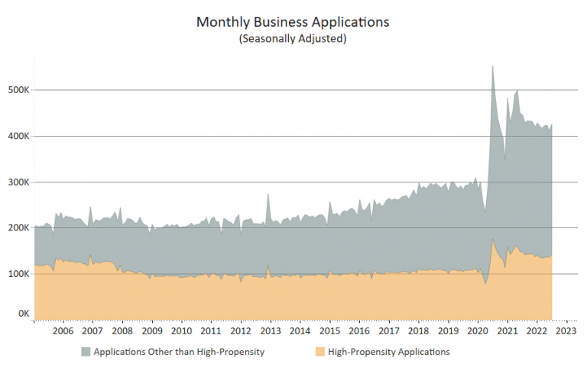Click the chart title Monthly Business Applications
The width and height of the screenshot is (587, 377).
click(x=293, y=22)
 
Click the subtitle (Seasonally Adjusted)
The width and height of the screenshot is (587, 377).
click(x=293, y=38)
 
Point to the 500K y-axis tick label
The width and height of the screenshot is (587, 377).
click(x=18, y=90)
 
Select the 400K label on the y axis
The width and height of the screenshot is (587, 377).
click(x=18, y=136)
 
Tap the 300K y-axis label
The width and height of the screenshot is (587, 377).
click(x=18, y=182)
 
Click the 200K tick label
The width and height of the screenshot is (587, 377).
click(x=18, y=227)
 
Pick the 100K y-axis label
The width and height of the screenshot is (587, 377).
click(x=18, y=273)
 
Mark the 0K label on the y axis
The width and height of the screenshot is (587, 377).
click(x=23, y=313)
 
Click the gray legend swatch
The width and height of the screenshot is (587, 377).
click(x=86, y=352)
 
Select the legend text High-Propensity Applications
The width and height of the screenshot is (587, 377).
click(x=388, y=352)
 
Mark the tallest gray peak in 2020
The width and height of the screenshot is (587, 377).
click(x=492, y=67)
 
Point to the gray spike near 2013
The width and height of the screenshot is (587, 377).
click(x=268, y=195)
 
